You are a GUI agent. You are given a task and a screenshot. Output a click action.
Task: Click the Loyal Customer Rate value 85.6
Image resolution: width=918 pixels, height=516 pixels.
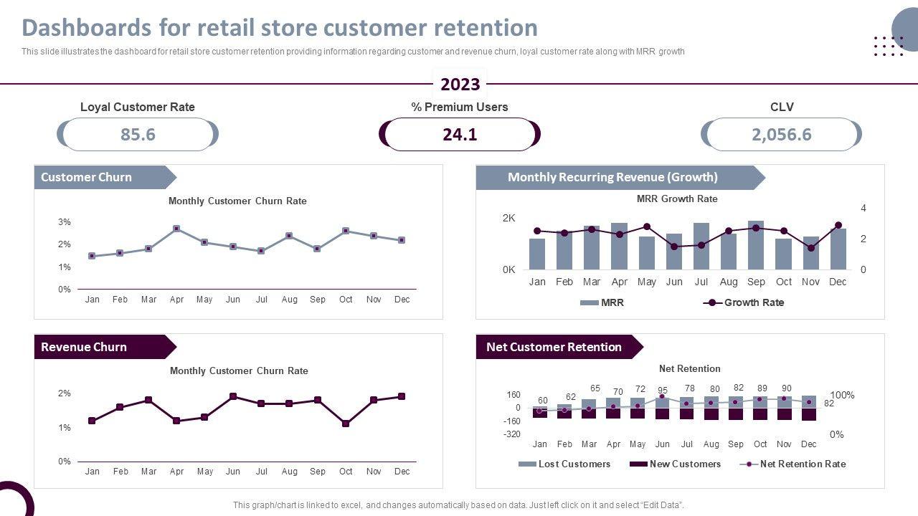click(x=138, y=135)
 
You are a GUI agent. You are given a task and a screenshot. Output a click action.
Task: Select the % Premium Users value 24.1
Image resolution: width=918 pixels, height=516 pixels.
click(x=460, y=135)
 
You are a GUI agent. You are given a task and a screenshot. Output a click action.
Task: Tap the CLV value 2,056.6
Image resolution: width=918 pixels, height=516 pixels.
click(x=782, y=135)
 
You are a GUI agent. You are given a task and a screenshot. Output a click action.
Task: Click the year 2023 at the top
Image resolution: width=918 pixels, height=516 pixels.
click(x=460, y=85)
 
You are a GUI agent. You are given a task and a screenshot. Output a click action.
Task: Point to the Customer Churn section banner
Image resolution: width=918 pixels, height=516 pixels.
click(x=100, y=178)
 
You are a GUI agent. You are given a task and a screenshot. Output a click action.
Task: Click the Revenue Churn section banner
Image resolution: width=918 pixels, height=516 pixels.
click(x=100, y=347)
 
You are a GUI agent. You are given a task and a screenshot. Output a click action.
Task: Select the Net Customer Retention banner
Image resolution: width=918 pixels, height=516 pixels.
click(x=554, y=347)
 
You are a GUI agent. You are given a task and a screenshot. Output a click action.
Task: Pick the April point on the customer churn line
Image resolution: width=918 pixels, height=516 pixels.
click(x=176, y=229)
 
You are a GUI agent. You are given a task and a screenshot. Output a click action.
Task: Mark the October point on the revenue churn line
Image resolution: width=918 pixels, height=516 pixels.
click(x=346, y=424)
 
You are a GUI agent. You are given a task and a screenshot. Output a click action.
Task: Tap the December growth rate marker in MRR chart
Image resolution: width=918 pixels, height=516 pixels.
click(x=838, y=225)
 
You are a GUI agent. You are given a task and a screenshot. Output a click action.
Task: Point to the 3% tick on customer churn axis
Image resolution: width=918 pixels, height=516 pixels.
click(x=65, y=222)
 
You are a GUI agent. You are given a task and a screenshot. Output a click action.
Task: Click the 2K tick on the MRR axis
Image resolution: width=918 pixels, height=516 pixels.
click(x=508, y=218)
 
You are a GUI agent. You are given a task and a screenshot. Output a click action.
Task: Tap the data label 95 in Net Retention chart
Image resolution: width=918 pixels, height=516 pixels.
click(x=663, y=391)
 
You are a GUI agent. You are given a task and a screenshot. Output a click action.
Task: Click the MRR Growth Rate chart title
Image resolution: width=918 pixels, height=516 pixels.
click(x=677, y=199)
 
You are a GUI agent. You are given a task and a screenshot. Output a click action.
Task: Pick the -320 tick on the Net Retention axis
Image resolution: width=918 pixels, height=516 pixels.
click(x=511, y=434)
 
